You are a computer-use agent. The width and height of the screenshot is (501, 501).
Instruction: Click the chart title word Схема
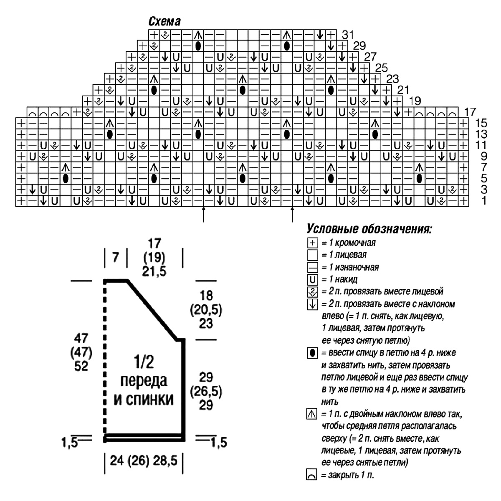[x=164, y=21]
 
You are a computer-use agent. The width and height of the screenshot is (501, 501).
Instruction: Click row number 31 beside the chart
[x=348, y=35]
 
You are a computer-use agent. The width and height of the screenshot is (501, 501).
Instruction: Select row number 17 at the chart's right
[x=470, y=112]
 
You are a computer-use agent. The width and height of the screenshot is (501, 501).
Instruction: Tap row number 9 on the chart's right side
[x=484, y=156]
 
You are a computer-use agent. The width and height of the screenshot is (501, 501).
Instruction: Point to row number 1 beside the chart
[x=484, y=201]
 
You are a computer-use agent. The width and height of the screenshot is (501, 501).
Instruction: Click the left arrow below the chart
[x=203, y=215]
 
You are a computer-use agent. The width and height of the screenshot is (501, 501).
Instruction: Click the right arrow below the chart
[x=292, y=215]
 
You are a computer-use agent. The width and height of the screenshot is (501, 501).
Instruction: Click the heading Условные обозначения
[x=369, y=229]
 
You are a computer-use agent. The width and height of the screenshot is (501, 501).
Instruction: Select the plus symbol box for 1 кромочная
[x=312, y=243]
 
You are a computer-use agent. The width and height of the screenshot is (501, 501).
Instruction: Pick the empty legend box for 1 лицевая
[x=312, y=255]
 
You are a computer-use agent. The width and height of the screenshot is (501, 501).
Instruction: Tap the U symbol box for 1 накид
[x=312, y=280]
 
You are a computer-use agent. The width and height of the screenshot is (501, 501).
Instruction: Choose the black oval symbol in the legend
[x=312, y=353]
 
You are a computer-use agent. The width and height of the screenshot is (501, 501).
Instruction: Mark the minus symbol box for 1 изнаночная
[x=312, y=267]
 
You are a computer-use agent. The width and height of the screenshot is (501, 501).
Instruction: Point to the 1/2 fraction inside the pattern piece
[x=144, y=362]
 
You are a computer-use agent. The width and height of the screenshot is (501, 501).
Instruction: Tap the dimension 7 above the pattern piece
[x=115, y=258]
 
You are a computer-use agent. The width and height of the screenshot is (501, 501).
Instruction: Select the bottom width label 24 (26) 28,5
[x=144, y=461]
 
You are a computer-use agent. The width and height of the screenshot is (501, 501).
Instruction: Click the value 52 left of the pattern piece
[x=81, y=366]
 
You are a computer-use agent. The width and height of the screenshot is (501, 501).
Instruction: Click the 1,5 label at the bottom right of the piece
[x=219, y=443]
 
